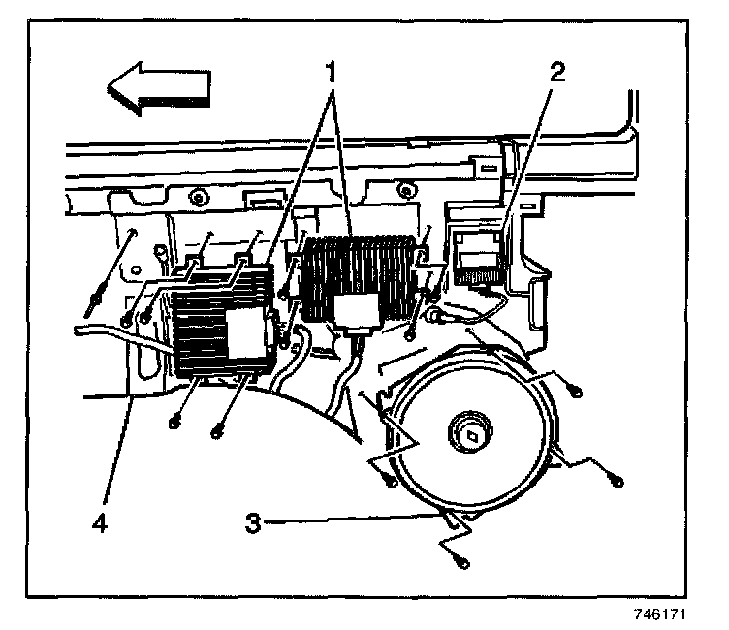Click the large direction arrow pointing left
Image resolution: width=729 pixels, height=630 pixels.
point(158,88)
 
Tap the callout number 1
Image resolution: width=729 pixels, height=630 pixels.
point(332,72)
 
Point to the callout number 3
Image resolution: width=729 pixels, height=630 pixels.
point(251,522)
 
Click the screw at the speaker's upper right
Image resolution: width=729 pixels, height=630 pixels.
point(578,390)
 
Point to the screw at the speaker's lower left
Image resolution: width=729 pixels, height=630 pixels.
point(390,481)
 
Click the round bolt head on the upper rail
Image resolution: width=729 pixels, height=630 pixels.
point(197,199)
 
